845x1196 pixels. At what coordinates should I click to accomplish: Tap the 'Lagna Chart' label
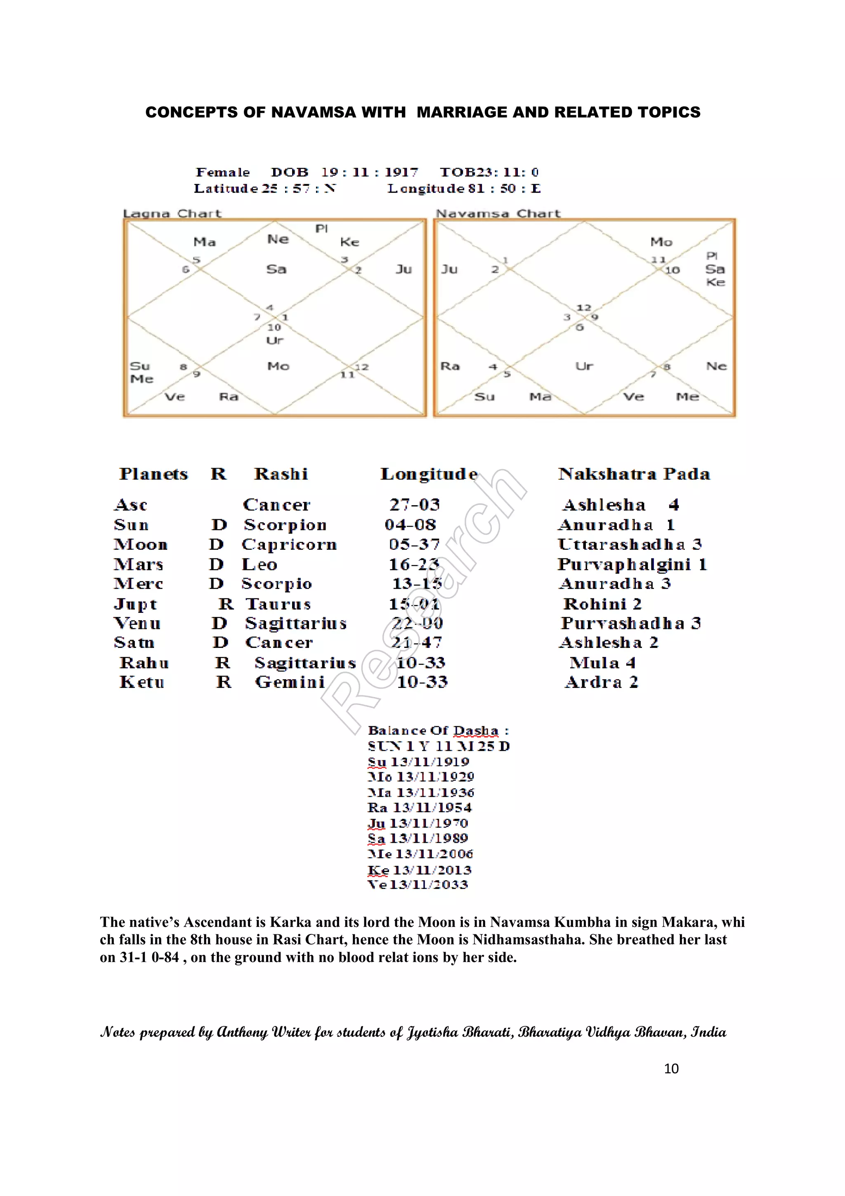click(172, 214)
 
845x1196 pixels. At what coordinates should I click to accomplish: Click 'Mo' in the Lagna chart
click(278, 366)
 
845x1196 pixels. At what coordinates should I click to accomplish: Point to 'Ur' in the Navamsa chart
click(584, 366)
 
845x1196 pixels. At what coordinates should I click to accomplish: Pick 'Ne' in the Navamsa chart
click(716, 366)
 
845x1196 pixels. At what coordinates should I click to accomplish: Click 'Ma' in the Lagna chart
click(204, 242)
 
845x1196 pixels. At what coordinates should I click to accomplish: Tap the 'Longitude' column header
click(429, 474)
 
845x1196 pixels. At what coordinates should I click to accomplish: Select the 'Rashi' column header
click(281, 474)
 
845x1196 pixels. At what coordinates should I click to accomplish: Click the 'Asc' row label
click(131, 505)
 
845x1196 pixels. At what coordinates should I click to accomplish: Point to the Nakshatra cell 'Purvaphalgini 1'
click(632, 564)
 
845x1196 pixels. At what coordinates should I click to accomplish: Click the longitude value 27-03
click(414, 505)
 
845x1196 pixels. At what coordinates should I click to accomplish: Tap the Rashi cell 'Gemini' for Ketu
click(290, 682)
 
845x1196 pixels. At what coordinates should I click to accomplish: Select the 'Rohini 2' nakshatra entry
click(602, 604)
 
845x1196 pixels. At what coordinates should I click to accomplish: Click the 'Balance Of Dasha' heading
click(438, 730)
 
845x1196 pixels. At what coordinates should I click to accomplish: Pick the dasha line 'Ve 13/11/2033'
click(418, 884)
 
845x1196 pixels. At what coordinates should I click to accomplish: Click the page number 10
click(671, 1068)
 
